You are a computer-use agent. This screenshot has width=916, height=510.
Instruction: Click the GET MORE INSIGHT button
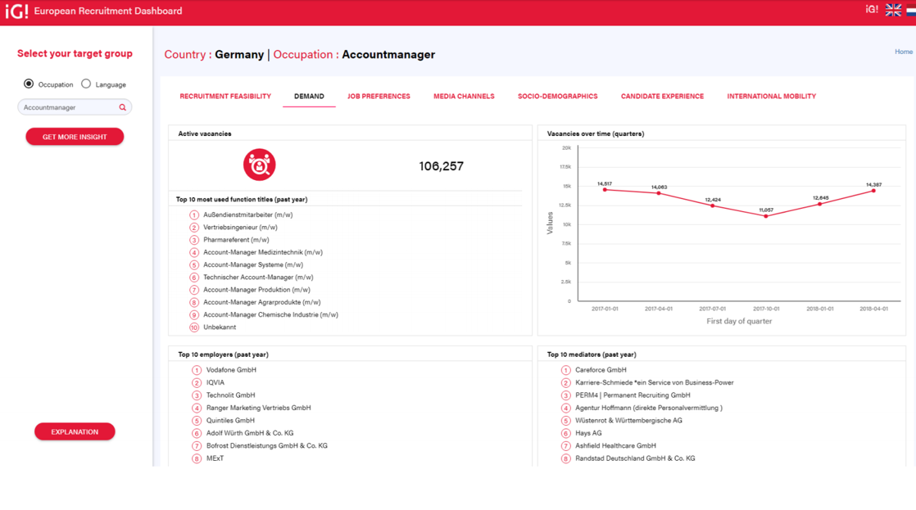75,137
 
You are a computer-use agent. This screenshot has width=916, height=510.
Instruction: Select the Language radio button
86,84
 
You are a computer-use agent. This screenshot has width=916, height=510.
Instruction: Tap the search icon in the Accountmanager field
123,107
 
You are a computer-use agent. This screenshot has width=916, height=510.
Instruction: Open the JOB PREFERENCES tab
379,97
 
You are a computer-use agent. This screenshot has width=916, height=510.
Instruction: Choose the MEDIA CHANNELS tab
464,97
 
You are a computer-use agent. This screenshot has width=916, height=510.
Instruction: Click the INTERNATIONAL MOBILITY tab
771,97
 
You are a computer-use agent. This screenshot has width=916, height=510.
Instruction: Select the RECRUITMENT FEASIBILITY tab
225,97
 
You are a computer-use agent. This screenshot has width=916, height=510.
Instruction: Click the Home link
903,52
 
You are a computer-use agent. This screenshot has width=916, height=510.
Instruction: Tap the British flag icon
893,11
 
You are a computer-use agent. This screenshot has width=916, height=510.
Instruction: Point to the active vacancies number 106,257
441,166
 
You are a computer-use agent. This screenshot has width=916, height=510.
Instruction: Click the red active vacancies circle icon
259,165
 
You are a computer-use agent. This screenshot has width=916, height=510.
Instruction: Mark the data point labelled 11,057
766,216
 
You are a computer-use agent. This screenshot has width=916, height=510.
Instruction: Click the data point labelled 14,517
605,190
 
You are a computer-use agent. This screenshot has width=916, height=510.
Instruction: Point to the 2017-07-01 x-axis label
712,309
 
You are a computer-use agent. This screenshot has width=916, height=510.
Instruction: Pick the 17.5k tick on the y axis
565,167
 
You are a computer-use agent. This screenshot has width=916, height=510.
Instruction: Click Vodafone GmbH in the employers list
231,370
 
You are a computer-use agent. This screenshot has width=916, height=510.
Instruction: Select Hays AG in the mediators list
588,433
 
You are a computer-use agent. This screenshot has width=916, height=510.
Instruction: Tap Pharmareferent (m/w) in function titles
236,240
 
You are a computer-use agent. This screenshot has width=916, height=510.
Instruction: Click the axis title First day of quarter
739,322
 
